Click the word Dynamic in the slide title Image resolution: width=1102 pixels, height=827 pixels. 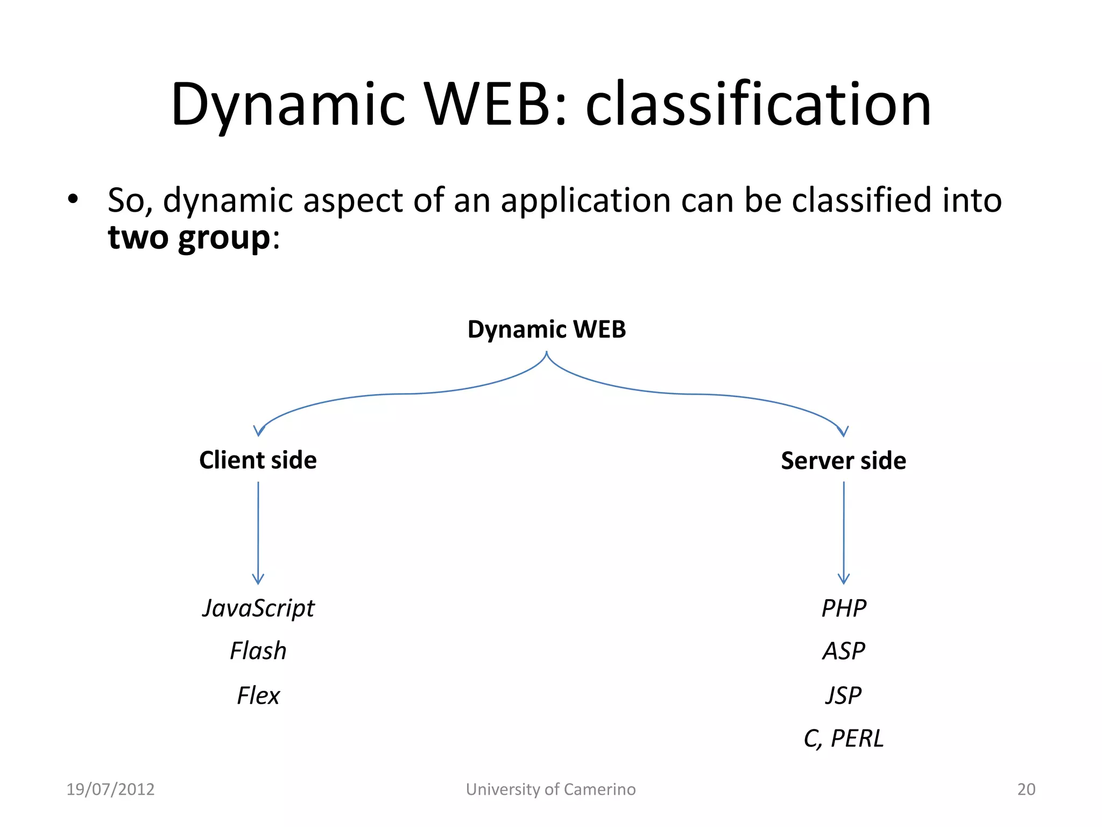click(x=288, y=104)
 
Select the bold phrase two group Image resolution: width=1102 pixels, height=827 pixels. click(x=189, y=237)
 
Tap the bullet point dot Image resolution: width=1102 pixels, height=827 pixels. click(x=73, y=200)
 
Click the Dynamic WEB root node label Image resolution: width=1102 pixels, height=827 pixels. click(x=547, y=330)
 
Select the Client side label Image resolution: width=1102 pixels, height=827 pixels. click(x=258, y=460)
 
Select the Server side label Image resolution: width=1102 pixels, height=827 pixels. click(x=843, y=461)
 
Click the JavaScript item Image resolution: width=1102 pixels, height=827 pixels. click(x=258, y=608)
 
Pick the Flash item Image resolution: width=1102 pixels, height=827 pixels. click(x=258, y=651)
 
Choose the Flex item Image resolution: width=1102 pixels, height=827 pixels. click(x=258, y=696)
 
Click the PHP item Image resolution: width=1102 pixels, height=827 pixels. click(x=844, y=608)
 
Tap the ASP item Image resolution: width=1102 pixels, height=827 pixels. click(x=844, y=651)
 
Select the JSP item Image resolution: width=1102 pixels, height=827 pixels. click(x=844, y=696)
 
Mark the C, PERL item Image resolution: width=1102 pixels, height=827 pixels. click(x=844, y=738)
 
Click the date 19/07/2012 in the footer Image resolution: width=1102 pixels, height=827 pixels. click(x=110, y=789)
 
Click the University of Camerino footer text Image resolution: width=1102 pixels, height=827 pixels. click(x=550, y=789)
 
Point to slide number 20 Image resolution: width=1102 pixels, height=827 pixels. click(x=1026, y=789)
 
